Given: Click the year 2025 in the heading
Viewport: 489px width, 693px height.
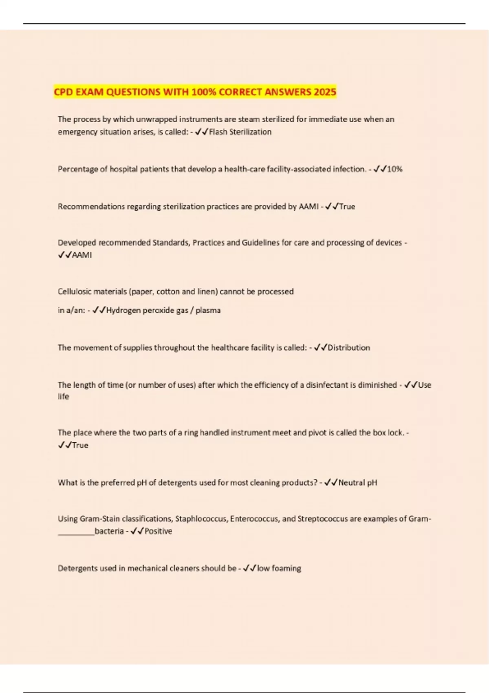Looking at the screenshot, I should point(325,92).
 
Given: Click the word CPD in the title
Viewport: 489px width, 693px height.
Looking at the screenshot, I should point(64,92).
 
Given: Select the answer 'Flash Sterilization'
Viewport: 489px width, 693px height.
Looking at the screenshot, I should point(240,132).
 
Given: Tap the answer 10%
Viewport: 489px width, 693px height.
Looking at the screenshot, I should point(394,169).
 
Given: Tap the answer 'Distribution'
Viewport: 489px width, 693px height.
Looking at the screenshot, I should point(349,348).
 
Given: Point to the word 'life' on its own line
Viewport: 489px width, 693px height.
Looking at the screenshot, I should point(63,397).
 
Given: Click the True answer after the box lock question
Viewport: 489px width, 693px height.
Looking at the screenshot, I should point(80,445).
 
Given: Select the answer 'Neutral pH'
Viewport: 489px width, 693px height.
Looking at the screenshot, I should point(358,483).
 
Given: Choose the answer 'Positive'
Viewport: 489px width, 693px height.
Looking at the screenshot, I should point(158,531).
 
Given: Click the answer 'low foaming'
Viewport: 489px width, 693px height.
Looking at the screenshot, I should point(279,568).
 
